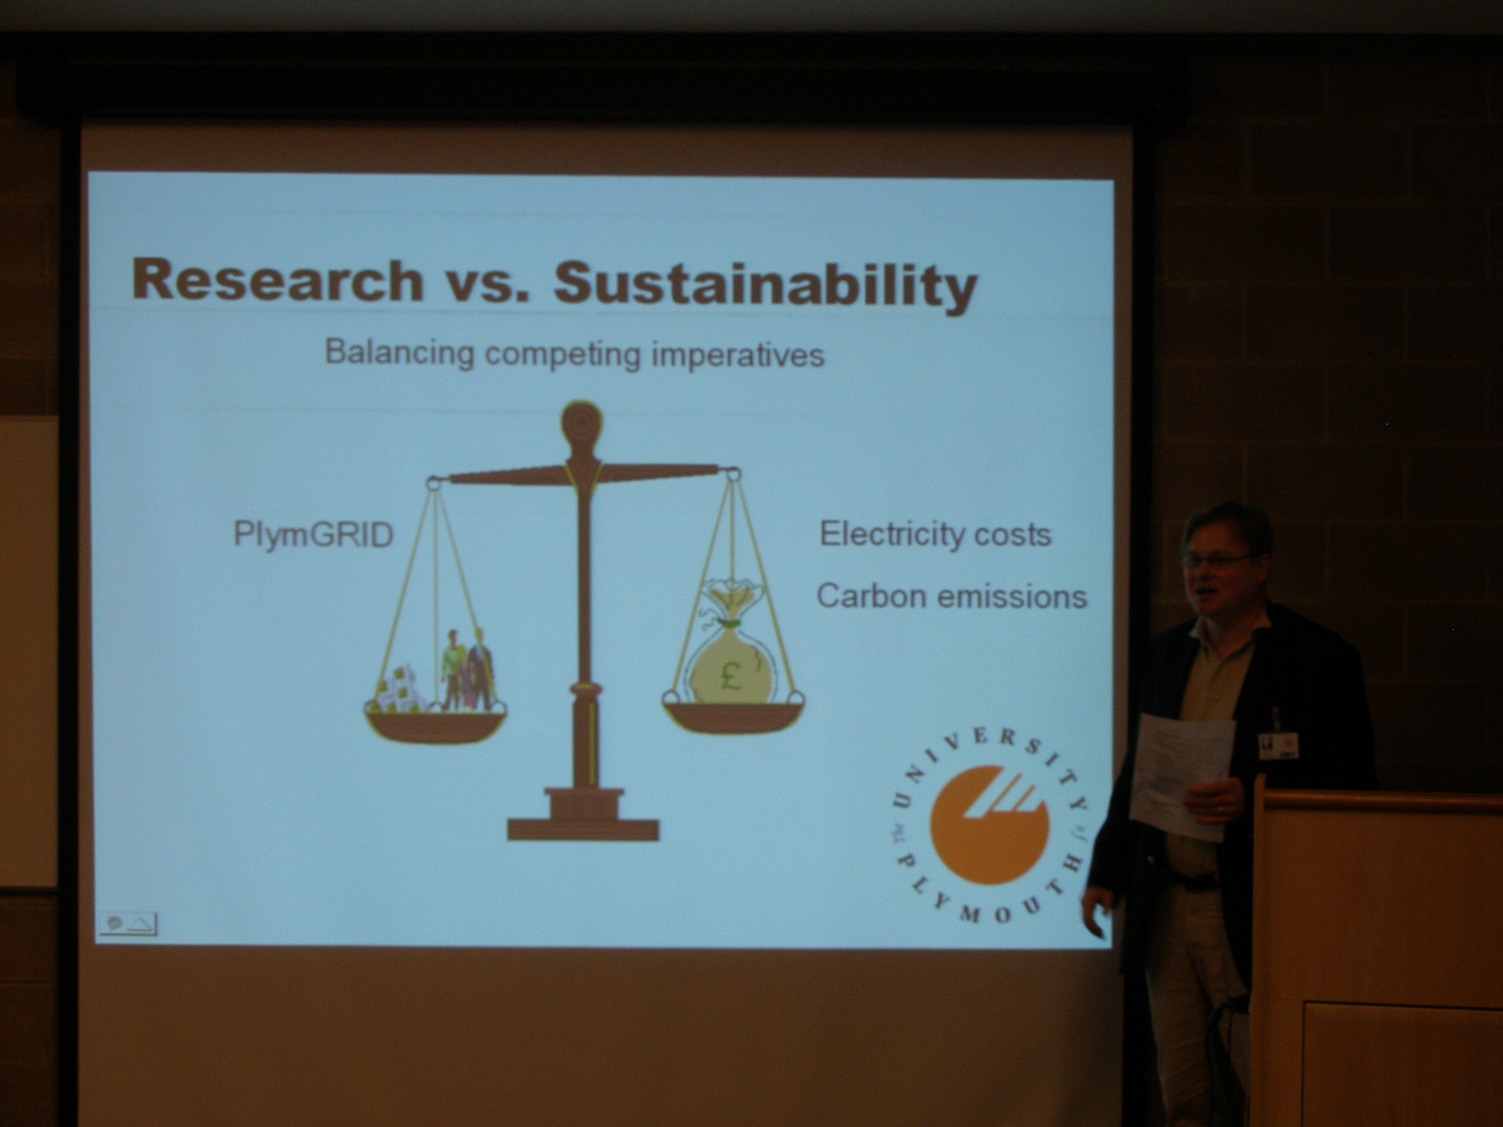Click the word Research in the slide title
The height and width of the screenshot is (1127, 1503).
pyautogui.click(x=277, y=280)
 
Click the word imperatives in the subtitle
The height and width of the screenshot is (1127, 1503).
pyautogui.click(x=737, y=355)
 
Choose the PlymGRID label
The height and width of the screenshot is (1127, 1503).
pyautogui.click(x=313, y=535)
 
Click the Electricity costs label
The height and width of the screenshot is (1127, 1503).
pyautogui.click(x=935, y=534)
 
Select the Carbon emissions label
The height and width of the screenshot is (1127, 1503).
pyautogui.click(x=951, y=596)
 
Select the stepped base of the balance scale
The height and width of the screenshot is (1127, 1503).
pyautogui.click(x=583, y=814)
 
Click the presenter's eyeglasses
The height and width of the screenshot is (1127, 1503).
pyautogui.click(x=1218, y=560)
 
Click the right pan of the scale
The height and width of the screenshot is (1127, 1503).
pyautogui.click(x=732, y=715)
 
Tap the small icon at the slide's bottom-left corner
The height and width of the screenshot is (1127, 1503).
pyautogui.click(x=128, y=924)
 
